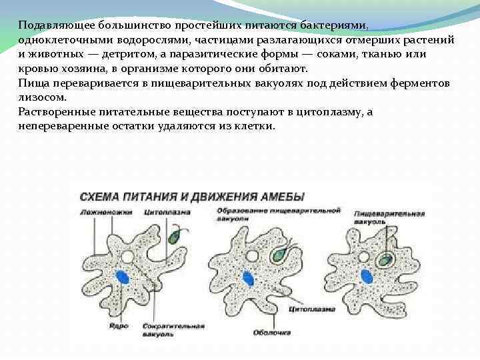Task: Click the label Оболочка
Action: [275, 331]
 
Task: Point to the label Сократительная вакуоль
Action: [164, 329]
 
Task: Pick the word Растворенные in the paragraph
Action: [58, 111]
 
